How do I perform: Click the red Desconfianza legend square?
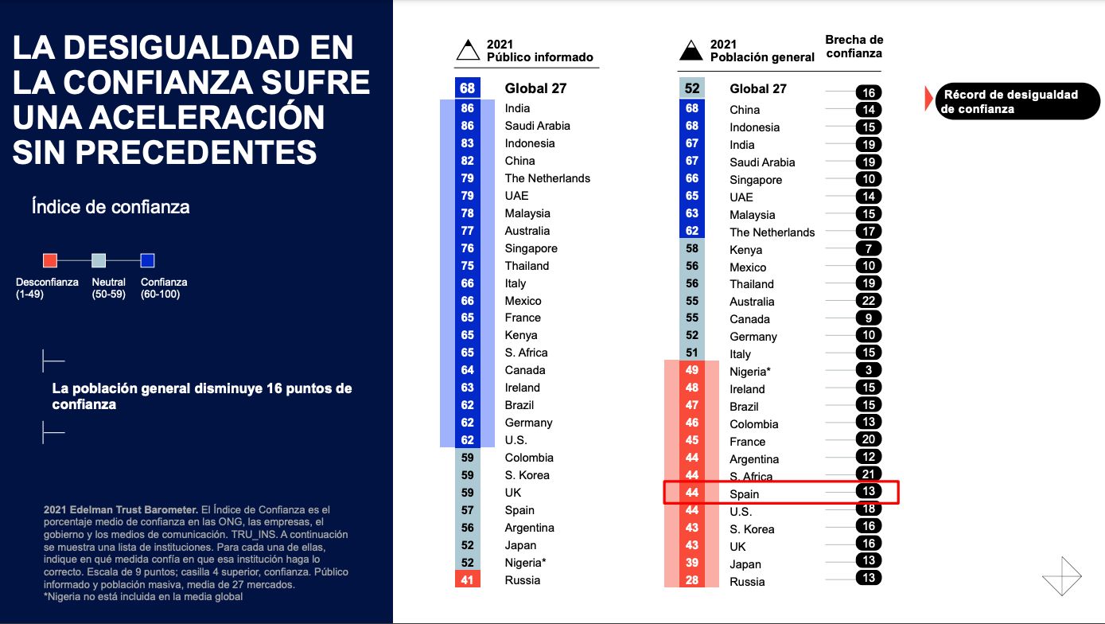50,260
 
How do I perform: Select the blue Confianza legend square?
147,260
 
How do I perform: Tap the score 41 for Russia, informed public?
467,580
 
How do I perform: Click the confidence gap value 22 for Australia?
869,301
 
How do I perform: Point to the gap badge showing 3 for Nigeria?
869,370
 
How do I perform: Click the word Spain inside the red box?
745,494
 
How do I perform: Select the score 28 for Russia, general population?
691,581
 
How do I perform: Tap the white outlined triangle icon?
468,50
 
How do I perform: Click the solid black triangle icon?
691,50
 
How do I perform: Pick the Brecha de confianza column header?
854,46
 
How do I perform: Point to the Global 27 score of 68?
467,88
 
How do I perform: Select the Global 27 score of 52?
691,88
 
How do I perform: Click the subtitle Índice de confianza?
111,207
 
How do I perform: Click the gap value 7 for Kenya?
869,249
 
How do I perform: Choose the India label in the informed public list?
517,108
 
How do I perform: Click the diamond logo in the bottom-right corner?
1062,575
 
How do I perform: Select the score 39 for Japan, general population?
691,564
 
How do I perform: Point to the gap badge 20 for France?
869,439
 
